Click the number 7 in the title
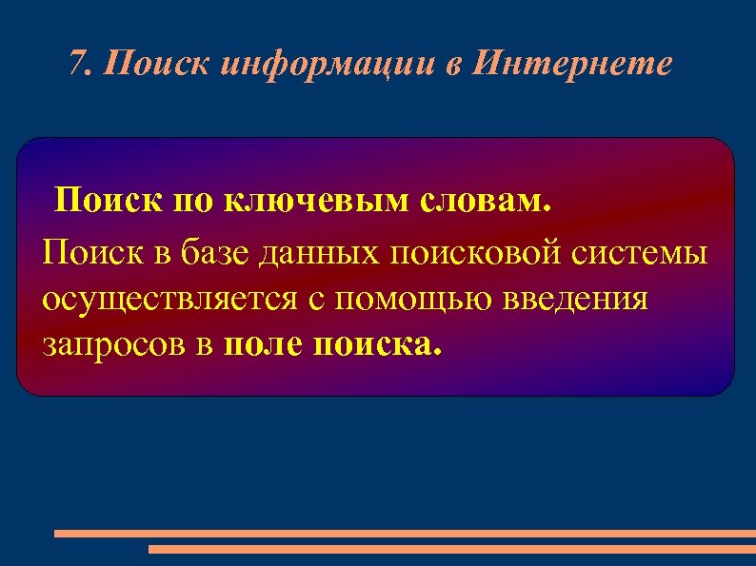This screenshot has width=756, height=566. [x=79, y=65]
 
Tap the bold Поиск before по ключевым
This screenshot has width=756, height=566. [x=109, y=203]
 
